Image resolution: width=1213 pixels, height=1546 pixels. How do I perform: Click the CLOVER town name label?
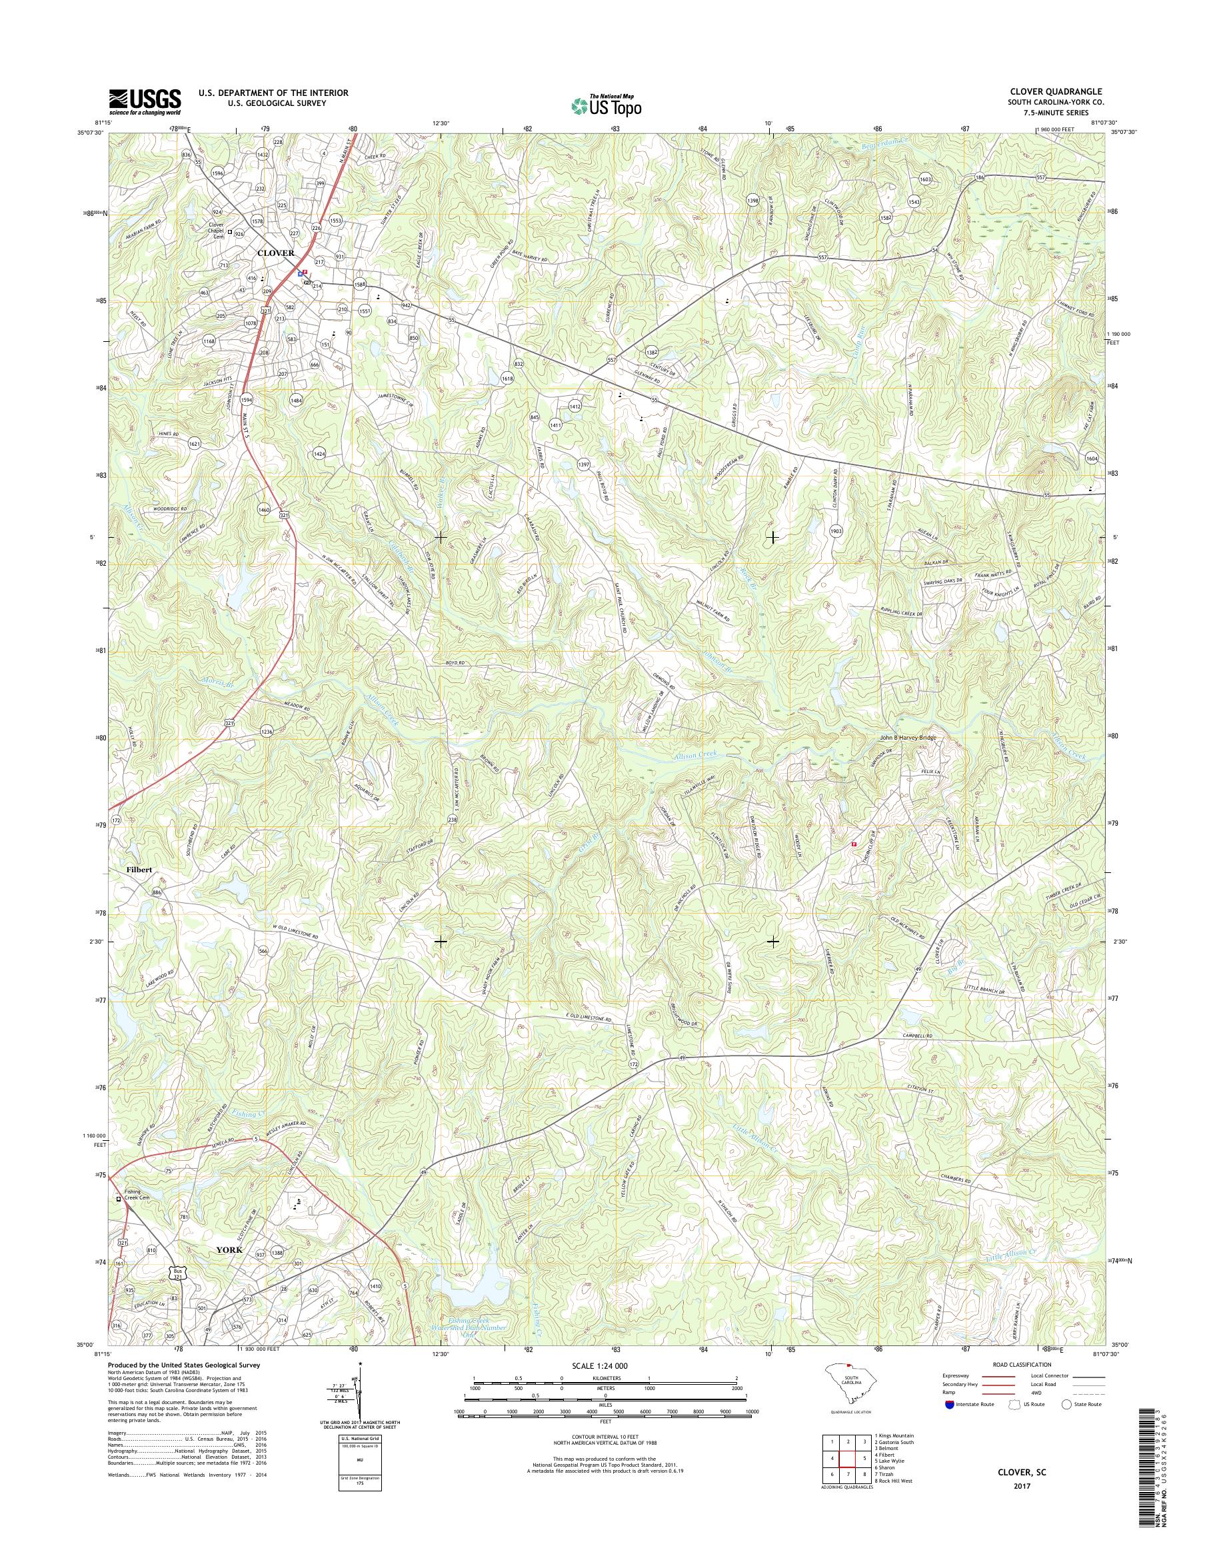[x=275, y=253]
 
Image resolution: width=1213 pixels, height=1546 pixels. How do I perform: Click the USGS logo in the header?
[x=145, y=101]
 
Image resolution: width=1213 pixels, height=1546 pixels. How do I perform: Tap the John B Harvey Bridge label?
[x=908, y=738]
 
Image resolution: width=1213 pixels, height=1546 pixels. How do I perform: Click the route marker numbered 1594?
[x=246, y=400]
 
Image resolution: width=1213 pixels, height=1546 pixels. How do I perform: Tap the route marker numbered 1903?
[x=835, y=530]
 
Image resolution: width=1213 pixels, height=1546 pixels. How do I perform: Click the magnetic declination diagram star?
[x=360, y=1364]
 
